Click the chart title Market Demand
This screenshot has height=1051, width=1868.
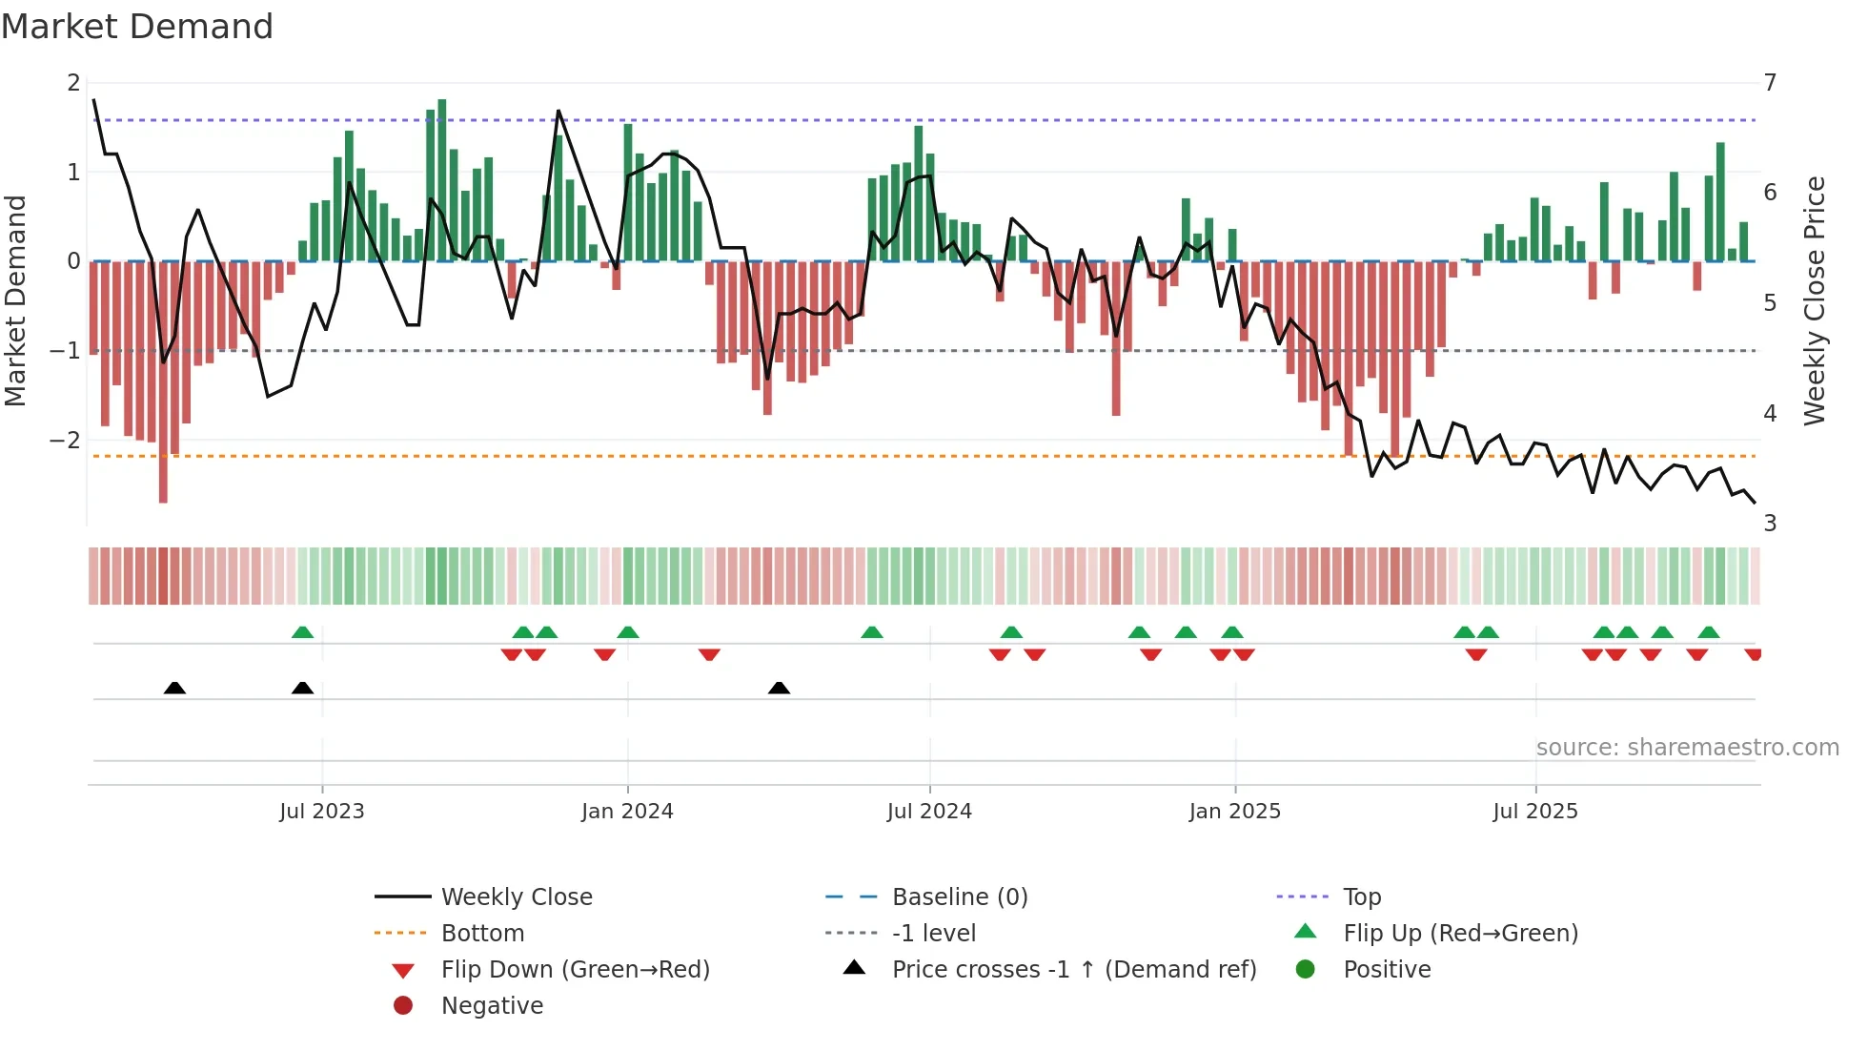pyautogui.click(x=137, y=27)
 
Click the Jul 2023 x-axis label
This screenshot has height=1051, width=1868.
pyautogui.click(x=321, y=812)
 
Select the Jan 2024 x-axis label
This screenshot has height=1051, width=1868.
pyautogui.click(x=627, y=812)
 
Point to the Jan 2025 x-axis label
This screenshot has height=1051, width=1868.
pyautogui.click(x=1234, y=812)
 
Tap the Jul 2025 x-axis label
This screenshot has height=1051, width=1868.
pyautogui.click(x=1534, y=812)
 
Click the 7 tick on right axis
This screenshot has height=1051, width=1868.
pyautogui.click(x=1770, y=83)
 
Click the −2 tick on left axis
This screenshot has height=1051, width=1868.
pyautogui.click(x=65, y=441)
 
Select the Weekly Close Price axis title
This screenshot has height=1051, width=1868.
pyautogui.click(x=1815, y=300)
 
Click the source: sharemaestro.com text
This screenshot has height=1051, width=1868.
pyautogui.click(x=1687, y=748)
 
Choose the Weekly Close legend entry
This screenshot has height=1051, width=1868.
pyautogui.click(x=516, y=897)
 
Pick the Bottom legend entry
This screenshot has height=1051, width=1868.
pyautogui.click(x=482, y=934)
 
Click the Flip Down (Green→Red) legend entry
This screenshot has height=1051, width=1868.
pyautogui.click(x=575, y=970)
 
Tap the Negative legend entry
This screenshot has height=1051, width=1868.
pyautogui.click(x=492, y=1006)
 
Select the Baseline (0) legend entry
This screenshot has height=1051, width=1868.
pyautogui.click(x=959, y=897)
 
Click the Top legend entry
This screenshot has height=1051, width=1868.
pyautogui.click(x=1361, y=897)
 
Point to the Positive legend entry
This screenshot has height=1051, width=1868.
pyautogui.click(x=1386, y=970)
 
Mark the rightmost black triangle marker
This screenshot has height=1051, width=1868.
pyautogui.click(x=779, y=689)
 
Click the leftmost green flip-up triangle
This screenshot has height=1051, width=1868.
pyautogui.click(x=302, y=632)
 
